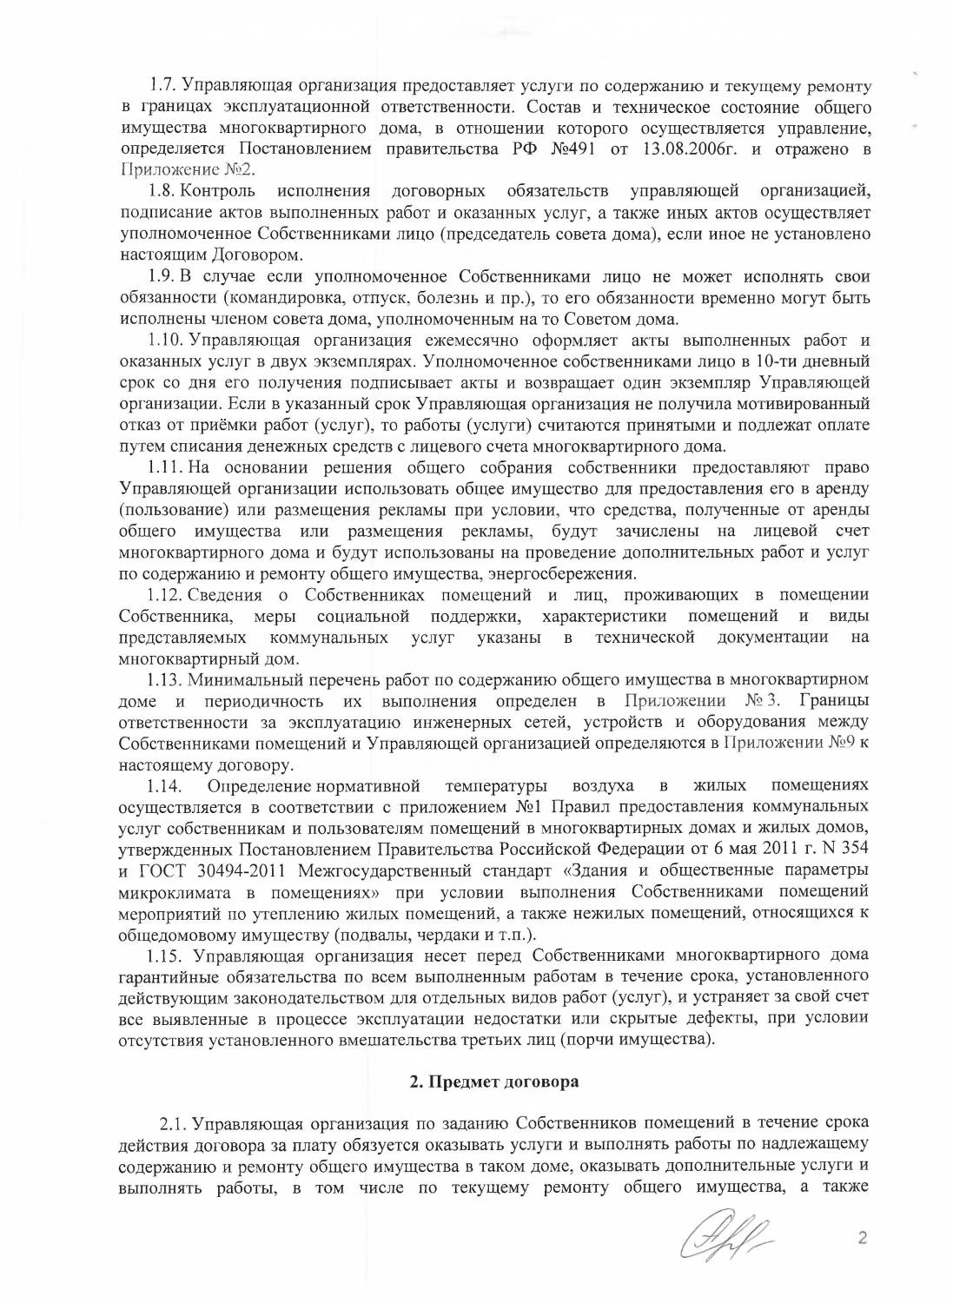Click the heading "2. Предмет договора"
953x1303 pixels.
493,1083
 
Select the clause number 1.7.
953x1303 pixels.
162,86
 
